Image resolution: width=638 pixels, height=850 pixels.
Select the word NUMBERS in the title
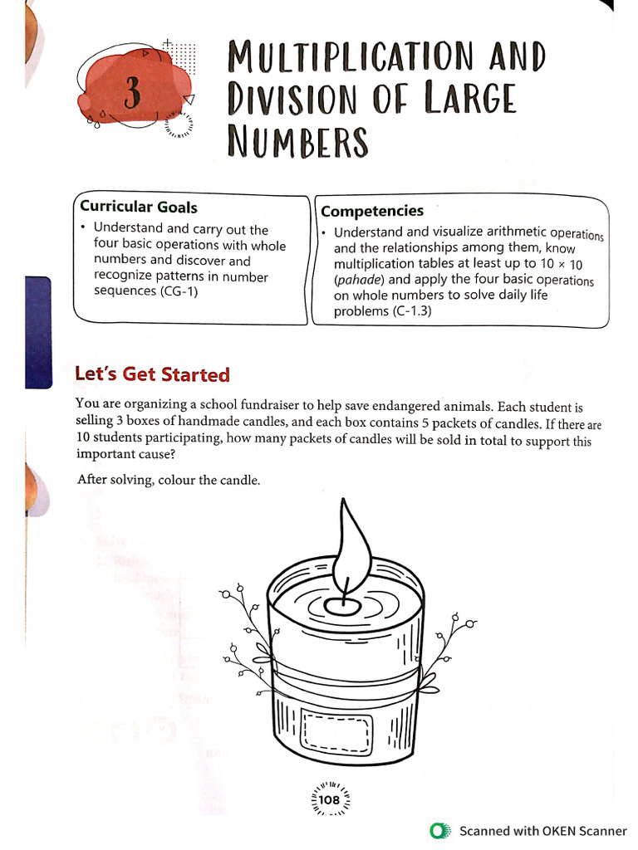[297, 142]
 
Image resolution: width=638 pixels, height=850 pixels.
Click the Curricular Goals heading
[138, 207]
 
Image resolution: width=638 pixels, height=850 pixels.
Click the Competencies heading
[372, 211]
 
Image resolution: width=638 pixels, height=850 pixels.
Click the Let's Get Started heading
[152, 374]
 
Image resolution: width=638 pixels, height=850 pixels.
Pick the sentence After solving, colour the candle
[169, 479]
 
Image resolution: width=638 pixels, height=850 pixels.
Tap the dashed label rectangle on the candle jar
[336, 734]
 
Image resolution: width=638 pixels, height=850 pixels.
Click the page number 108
[329, 801]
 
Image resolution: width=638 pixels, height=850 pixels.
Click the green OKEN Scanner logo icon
[439, 831]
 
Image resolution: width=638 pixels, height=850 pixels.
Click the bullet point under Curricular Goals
[84, 227]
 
